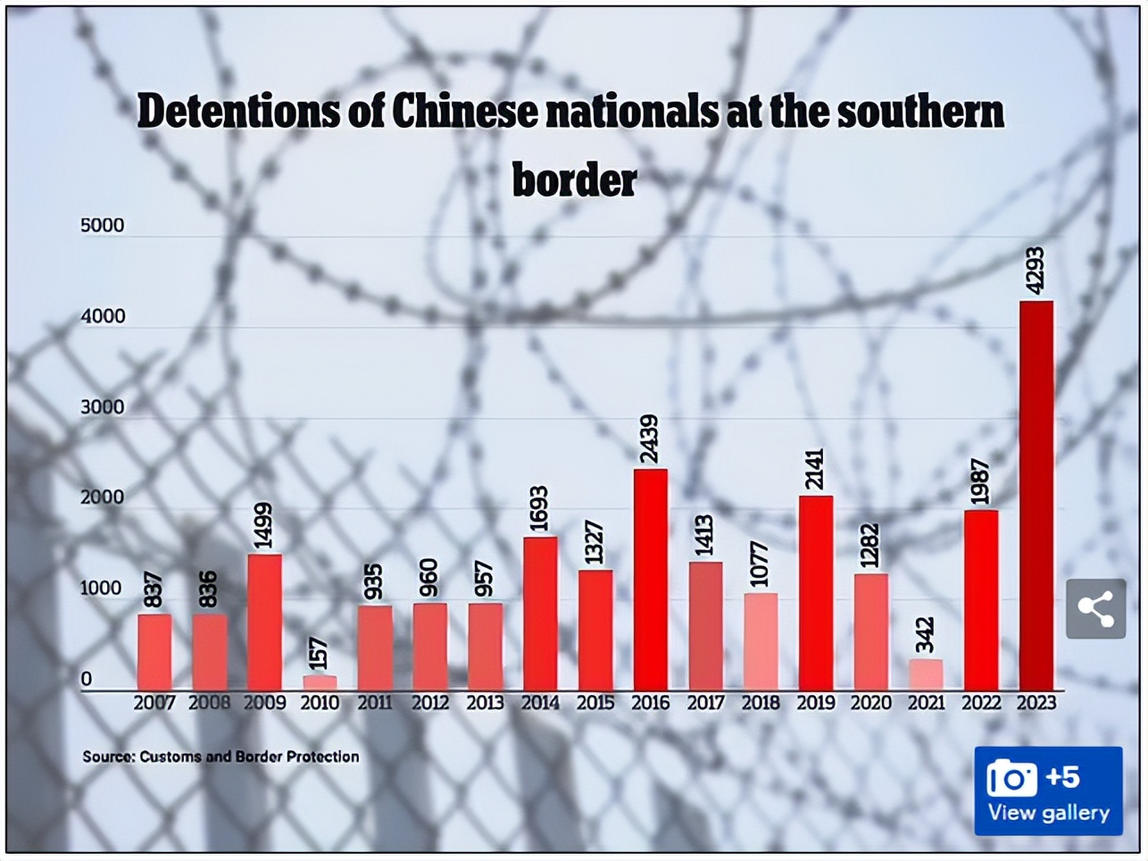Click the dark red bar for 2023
1036,496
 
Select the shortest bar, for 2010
320,682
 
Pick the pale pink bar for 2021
926,674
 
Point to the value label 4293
1036,271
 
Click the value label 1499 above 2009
264,526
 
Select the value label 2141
815,469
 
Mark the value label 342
926,634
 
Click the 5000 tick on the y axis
103,226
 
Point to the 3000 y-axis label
103,407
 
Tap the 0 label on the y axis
87,679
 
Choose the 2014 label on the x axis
540,703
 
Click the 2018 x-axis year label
761,703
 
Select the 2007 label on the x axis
154,703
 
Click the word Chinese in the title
465,112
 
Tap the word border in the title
574,180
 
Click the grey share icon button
1095,608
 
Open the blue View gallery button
1047,791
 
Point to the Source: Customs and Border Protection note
220,757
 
